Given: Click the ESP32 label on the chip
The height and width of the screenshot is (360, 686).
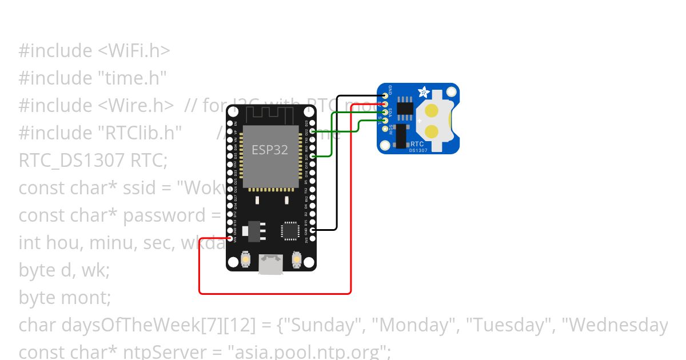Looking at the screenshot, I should point(270,150).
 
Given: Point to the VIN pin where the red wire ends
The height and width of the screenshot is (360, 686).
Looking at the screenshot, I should point(230,238).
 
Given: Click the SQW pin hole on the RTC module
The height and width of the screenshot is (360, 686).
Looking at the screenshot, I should point(386,127).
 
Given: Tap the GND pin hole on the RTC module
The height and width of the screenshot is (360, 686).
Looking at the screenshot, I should point(386,95).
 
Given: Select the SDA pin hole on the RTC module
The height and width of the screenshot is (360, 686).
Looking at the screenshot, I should point(386,111).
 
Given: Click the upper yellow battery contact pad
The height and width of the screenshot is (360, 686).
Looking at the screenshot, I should point(432,110).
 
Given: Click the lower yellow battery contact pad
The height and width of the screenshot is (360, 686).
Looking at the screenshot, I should point(432,132).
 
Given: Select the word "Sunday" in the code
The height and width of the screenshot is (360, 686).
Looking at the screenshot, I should point(323,325).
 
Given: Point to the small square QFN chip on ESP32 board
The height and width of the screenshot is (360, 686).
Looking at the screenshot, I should point(289,230).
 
